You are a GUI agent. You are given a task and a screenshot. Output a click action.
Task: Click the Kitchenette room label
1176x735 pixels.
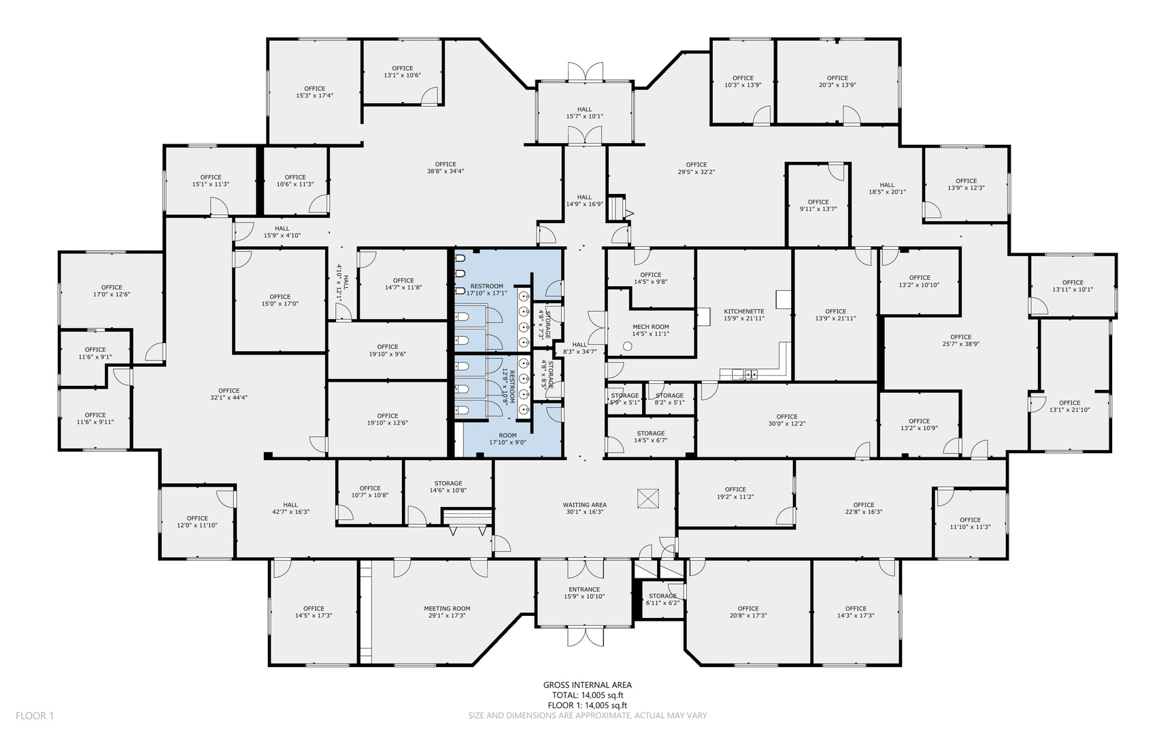[744, 311]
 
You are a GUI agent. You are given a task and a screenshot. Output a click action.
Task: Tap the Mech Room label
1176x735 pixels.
[651, 327]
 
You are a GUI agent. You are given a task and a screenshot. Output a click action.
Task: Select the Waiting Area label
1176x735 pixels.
[585, 505]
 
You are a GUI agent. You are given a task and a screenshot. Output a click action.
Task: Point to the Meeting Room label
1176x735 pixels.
[448, 608]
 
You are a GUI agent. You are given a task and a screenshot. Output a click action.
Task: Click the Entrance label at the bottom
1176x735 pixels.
[584, 589]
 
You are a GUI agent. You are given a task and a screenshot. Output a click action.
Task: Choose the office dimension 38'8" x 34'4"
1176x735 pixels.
[446, 171]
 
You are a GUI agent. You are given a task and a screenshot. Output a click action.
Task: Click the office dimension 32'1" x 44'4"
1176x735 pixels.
[229, 397]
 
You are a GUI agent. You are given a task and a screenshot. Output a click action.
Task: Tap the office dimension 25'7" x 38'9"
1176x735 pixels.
[961, 344]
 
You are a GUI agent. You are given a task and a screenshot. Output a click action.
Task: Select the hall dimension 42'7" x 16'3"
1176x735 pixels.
[291, 512]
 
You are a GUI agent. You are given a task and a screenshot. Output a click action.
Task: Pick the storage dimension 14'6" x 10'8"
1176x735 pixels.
[448, 490]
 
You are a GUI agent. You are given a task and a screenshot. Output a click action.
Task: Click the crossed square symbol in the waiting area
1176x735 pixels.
[649, 498]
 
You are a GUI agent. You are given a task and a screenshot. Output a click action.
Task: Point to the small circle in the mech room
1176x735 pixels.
[627, 346]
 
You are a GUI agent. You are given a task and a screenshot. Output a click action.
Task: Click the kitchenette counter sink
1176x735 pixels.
[751, 373]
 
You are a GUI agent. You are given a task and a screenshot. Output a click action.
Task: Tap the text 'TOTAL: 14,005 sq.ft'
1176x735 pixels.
[588, 696]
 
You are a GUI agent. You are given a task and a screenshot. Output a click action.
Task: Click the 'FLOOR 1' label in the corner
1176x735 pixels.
[35, 715]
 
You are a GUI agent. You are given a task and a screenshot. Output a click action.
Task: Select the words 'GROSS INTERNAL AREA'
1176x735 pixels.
[588, 685]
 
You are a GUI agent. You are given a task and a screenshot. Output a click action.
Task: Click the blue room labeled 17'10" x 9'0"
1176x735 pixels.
[508, 439]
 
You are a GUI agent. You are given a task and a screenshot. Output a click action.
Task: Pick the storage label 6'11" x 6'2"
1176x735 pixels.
[662, 602]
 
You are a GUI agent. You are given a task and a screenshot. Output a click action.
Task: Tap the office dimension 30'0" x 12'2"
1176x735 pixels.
[787, 423]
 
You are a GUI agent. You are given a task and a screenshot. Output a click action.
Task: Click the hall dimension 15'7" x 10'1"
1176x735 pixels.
[585, 116]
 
